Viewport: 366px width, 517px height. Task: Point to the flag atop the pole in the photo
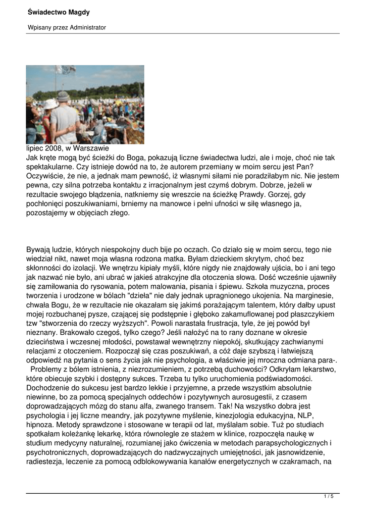pyautogui.click(x=66, y=70)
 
